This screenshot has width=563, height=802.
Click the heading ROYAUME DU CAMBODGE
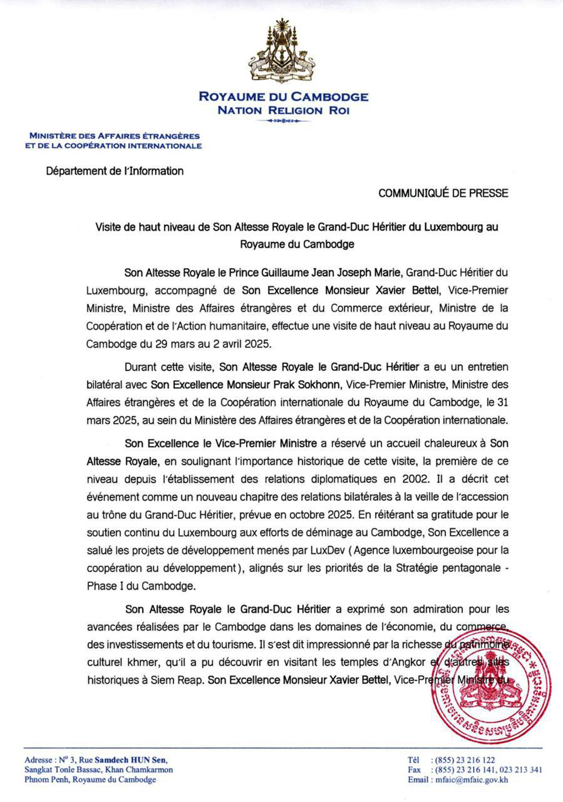click(x=283, y=97)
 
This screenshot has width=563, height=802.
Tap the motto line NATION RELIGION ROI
click(x=283, y=110)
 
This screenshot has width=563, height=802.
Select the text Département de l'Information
click(x=115, y=171)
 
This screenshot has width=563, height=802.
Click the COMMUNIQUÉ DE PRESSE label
click(x=443, y=193)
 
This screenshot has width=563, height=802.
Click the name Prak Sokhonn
click(x=311, y=385)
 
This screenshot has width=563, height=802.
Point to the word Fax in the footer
click(x=414, y=770)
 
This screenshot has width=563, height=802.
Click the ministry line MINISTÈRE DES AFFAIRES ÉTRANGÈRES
click(x=114, y=136)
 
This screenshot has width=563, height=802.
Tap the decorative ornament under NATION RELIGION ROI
click(x=283, y=121)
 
